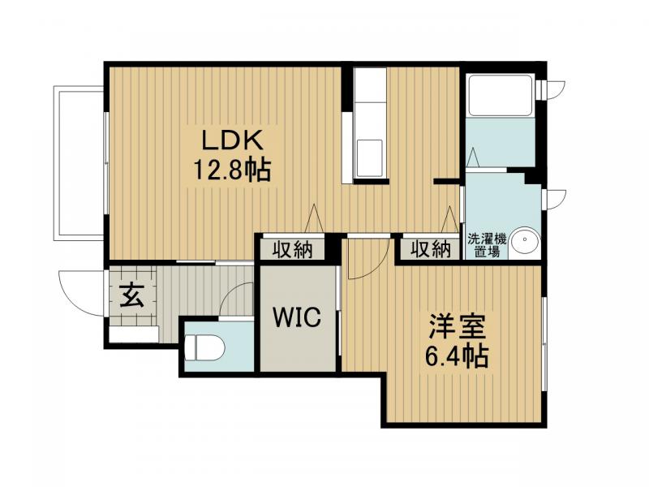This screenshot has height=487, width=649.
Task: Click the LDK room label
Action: [x=232, y=140]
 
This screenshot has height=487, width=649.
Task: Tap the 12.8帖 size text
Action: [x=232, y=170]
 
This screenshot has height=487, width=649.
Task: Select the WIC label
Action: [x=297, y=317]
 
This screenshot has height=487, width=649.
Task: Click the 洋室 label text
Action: [x=457, y=327]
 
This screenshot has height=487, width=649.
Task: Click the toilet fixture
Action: [x=204, y=347]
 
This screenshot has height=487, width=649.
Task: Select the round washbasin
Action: [x=525, y=240]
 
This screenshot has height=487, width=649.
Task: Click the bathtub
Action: [x=500, y=95]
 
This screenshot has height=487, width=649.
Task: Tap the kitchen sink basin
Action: [x=370, y=158]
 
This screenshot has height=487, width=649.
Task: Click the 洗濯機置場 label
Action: [x=488, y=245]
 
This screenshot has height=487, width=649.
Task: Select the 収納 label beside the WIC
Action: [x=293, y=250]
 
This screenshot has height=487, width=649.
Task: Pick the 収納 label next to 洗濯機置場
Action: [x=431, y=249]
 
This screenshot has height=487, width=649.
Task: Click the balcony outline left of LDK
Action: [x=57, y=163]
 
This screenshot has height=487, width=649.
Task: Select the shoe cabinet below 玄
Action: [x=134, y=334]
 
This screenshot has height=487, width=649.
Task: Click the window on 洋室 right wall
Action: [x=544, y=343]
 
